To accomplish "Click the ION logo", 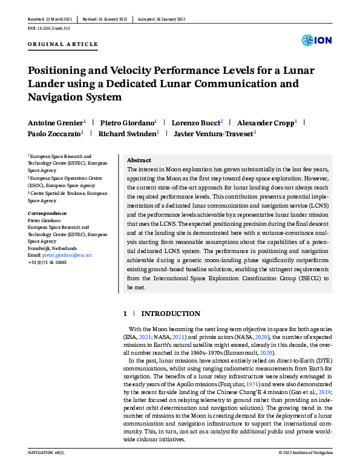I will point(315,41).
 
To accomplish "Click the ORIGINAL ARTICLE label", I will point(62,44).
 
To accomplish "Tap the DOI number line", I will point(49,28).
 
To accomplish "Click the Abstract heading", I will point(139,160).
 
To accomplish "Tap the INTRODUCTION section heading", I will point(170,314).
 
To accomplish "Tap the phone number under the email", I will point(48,263).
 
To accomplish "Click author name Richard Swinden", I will point(128,133).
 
